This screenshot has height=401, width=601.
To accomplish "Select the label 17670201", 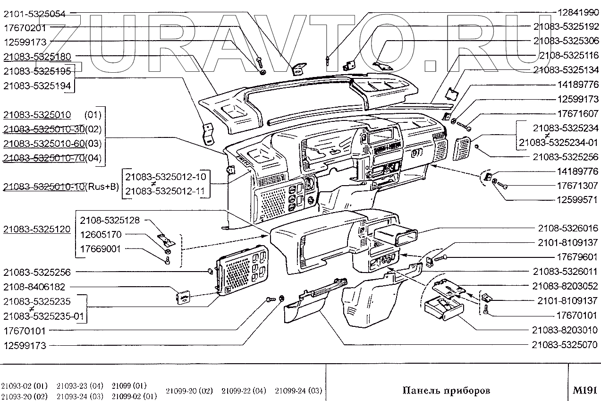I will click(25, 27).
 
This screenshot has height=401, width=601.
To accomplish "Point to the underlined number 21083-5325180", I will click(37, 57).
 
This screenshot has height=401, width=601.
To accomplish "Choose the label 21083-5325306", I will click(566, 41).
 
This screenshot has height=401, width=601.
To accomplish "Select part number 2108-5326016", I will click(569, 228).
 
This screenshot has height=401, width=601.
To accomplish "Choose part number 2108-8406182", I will click(34, 287).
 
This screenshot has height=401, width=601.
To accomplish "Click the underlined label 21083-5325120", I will click(37, 230).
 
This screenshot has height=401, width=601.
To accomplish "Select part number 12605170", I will click(101, 234).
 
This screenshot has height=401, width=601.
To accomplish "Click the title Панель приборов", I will click(446, 390).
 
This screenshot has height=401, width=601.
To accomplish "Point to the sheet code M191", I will click(585, 390).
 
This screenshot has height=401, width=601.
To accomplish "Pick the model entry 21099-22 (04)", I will click(244, 391).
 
